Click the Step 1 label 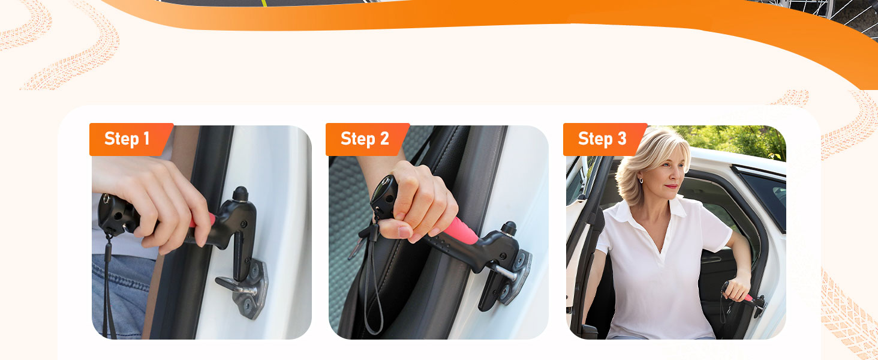[x=127, y=139]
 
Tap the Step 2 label [x=365, y=139]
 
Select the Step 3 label [x=603, y=139]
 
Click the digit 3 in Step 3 [x=622, y=139]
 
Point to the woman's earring [x=641, y=180]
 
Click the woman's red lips [x=672, y=186]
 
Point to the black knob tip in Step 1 [x=240, y=194]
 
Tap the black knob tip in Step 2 [x=509, y=228]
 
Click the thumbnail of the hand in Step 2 [x=404, y=232]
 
